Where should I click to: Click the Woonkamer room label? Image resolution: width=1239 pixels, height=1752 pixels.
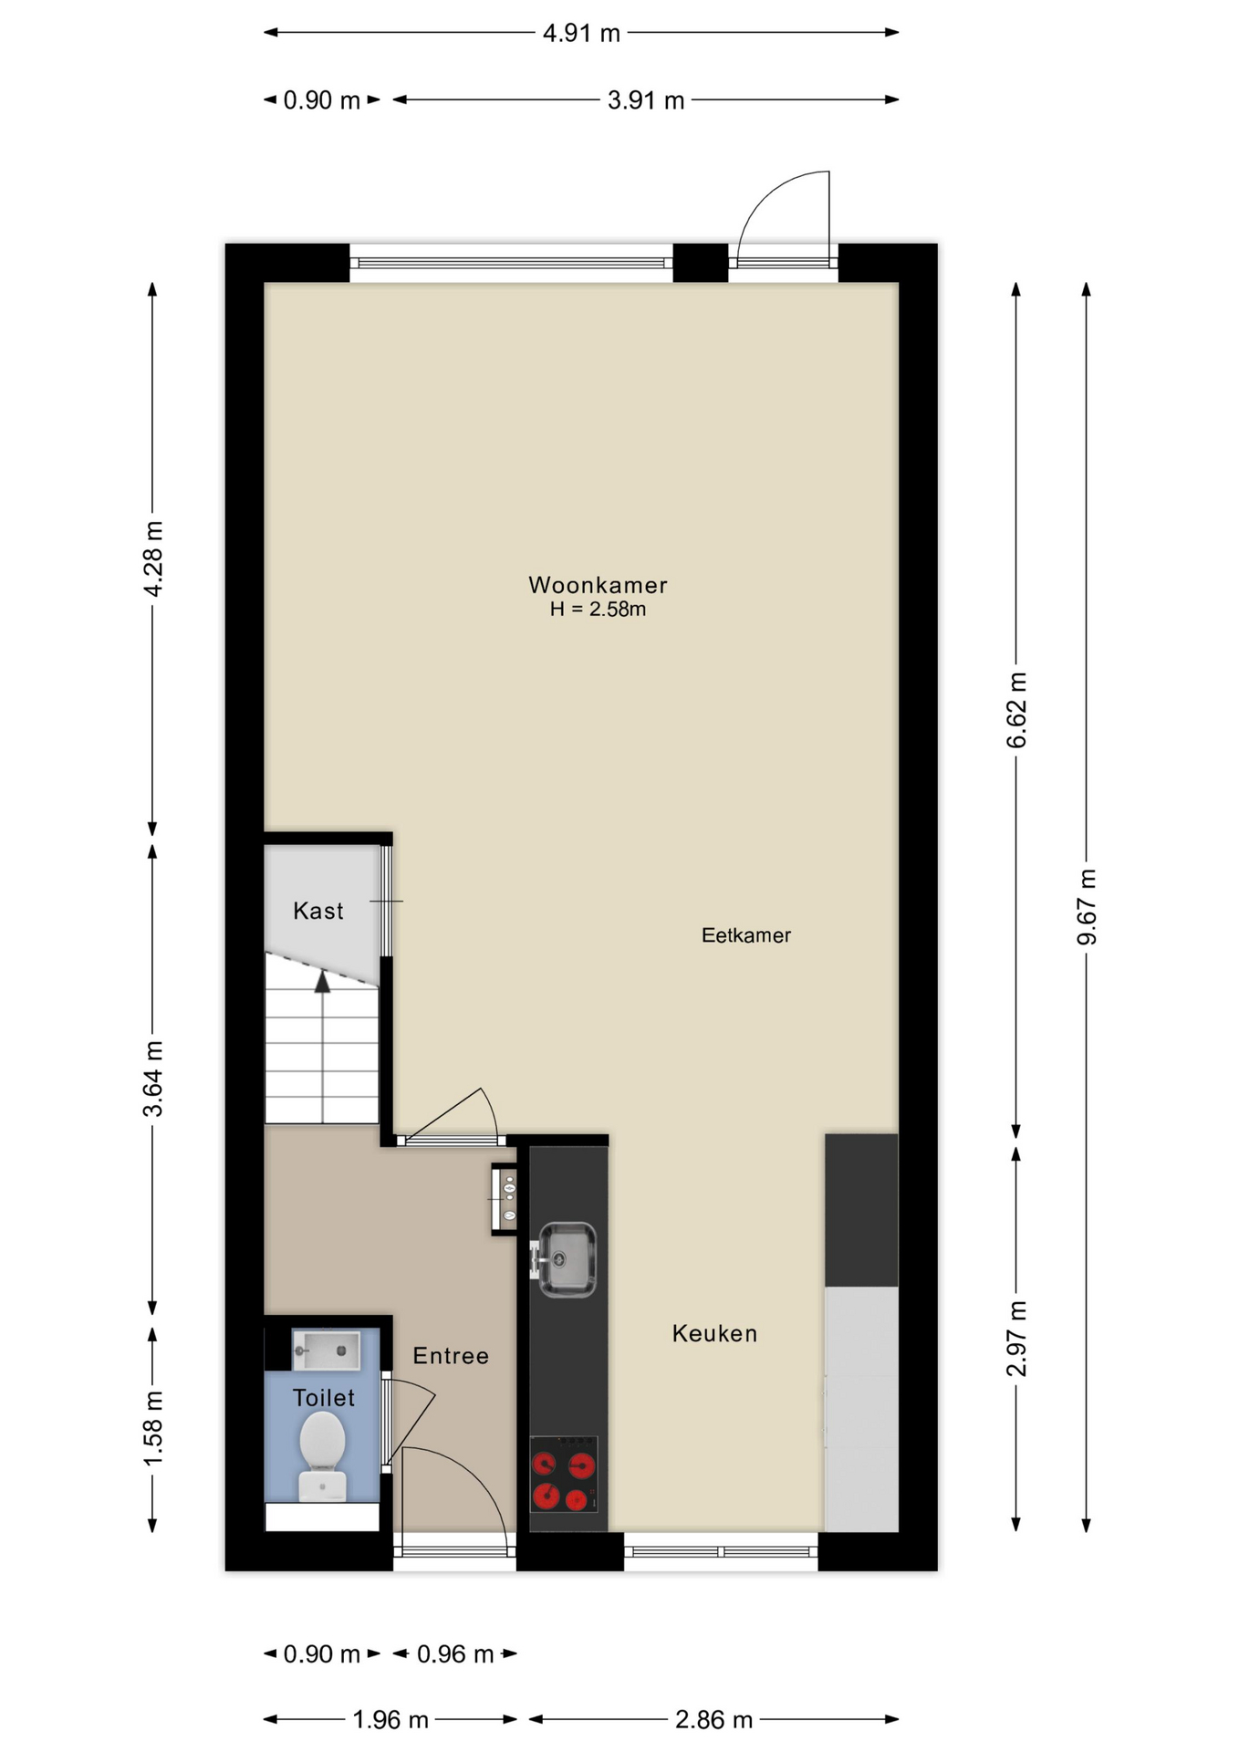point(598,585)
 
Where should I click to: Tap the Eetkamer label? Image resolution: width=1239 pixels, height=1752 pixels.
point(745,935)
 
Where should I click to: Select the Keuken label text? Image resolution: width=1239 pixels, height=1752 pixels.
point(714,1333)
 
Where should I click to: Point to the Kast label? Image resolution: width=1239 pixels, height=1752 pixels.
point(318,911)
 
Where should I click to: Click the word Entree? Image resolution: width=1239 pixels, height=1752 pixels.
point(451,1356)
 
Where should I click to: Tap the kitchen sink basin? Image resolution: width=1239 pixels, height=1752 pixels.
point(567,1259)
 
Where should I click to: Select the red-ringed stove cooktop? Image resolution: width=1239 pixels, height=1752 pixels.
point(564,1475)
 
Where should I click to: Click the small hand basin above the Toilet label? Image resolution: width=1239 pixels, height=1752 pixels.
point(326,1350)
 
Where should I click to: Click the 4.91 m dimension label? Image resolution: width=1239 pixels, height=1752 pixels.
point(581,34)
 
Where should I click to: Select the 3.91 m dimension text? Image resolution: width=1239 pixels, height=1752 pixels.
point(646,100)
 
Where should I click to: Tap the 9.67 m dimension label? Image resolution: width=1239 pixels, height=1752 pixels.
point(1087,907)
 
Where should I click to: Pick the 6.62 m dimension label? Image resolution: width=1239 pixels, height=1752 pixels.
point(1016,710)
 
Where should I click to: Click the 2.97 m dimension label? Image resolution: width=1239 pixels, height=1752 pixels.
point(1016,1339)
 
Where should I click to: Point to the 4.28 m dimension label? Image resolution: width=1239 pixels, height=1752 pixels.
point(153,559)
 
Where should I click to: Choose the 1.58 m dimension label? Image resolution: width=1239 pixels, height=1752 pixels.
point(153,1429)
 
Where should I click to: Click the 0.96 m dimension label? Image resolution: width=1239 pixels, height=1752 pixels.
point(455,1654)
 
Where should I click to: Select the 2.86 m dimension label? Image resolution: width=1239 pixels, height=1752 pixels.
point(713,1720)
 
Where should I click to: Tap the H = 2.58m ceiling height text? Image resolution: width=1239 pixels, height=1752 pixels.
point(598,610)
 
